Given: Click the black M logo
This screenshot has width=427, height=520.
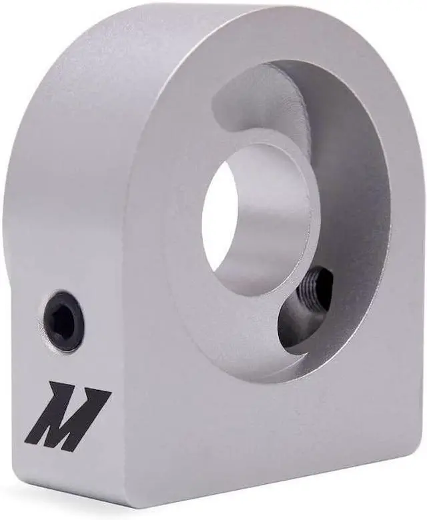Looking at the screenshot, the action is point(69,416).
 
